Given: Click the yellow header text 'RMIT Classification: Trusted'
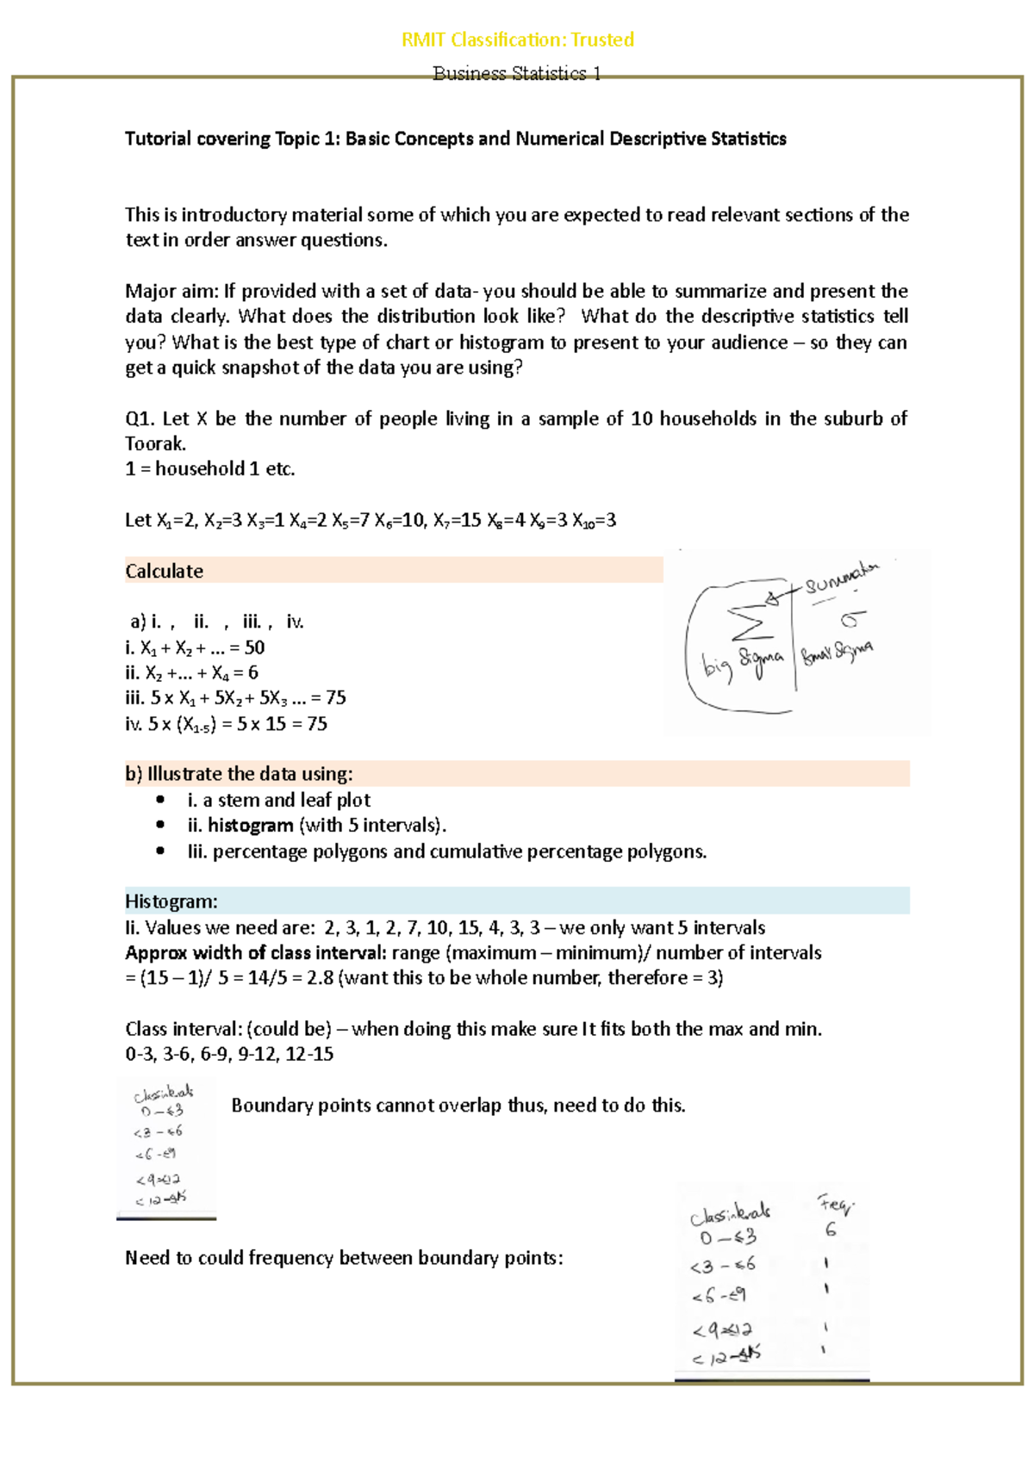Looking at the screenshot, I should pos(518,40).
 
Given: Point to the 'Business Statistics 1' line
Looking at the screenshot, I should pos(517,73).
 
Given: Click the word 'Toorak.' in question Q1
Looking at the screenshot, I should pos(155,443).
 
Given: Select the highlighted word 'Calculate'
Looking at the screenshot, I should pos(165,571).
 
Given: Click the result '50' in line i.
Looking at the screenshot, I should pos(254,647).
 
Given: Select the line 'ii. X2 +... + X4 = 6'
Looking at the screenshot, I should pos(191,672).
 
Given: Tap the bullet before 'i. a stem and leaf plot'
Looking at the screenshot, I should pos(160,800).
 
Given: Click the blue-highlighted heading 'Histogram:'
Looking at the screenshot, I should pos(171,901).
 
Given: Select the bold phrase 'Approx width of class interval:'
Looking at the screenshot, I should pos(256,952).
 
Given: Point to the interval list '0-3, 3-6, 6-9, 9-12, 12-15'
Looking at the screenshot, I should pos(229,1054).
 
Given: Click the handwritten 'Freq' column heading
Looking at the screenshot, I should pos(834,1205).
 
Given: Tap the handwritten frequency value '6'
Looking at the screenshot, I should pos(830,1230).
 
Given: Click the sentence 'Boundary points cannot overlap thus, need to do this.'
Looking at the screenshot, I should pos(458,1106).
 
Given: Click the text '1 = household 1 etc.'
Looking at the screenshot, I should pos(210,469).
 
